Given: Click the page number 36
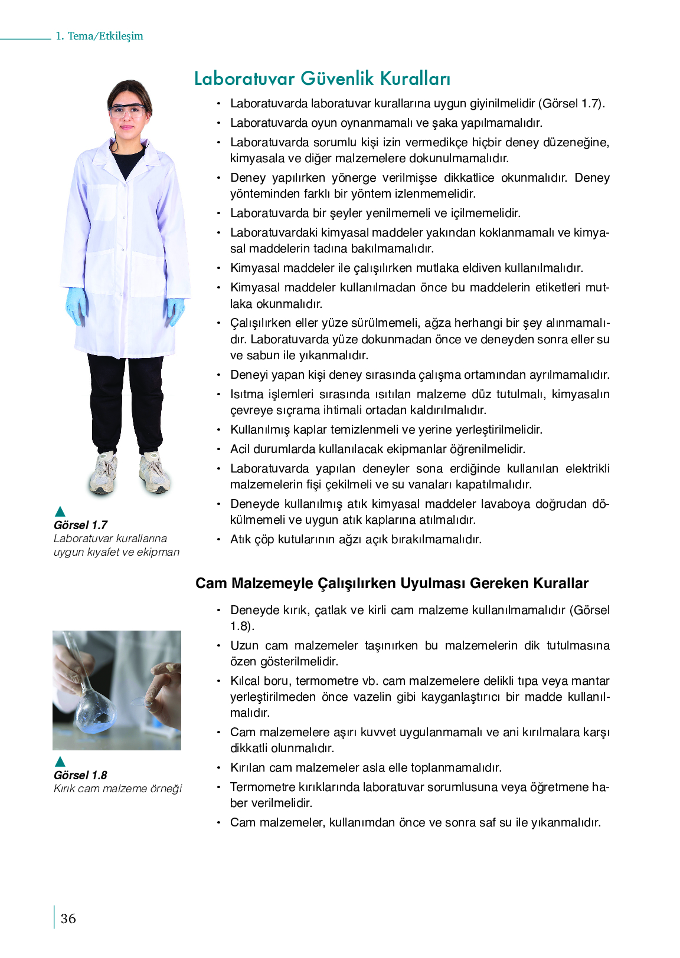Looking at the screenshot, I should point(68,918).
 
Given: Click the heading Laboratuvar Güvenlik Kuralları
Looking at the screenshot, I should point(322,78).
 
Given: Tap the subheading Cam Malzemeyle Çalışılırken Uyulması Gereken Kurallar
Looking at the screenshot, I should point(392,583).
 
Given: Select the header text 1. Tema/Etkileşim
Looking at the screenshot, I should point(99,36).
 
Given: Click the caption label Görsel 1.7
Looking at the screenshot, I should point(80,525).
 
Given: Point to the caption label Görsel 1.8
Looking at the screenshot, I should point(80,775).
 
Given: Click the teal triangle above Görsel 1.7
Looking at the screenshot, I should point(60,511).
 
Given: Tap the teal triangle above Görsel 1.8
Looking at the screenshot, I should point(60,762).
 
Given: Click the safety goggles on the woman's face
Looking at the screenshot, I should point(128,110).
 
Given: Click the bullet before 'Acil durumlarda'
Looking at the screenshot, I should point(218,450).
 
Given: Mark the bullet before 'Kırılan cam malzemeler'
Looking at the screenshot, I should point(218,768).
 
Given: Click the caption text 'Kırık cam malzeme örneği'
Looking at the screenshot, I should point(117,789).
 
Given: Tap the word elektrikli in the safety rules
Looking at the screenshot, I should point(587,469).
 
